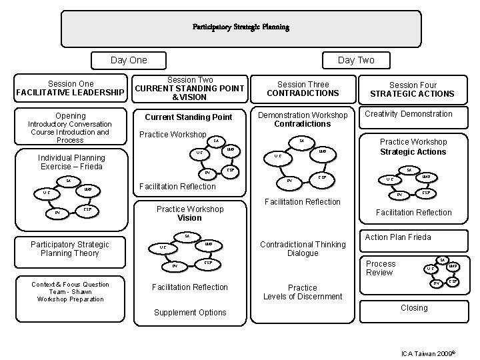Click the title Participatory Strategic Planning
tap(241, 27)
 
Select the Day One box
tap(129, 60)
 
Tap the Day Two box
tap(356, 60)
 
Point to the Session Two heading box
tap(190, 89)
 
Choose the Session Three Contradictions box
tap(303, 89)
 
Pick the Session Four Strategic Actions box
tap(413, 89)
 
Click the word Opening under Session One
tap(70, 115)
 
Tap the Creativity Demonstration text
tap(408, 114)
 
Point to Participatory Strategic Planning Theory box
tap(70, 249)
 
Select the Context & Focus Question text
tap(70, 284)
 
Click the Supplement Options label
tap(190, 312)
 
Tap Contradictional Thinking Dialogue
tap(303, 249)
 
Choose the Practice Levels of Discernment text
tap(303, 292)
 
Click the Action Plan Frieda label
tap(398, 237)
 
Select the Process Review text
tap(381, 268)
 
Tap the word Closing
tap(413, 308)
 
